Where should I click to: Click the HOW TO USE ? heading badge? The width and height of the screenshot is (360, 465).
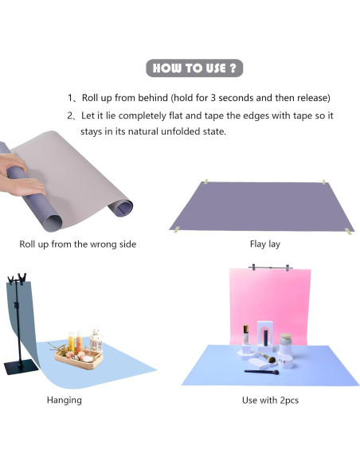pyautogui.click(x=194, y=68)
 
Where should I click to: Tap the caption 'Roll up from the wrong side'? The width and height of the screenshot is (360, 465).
pyautogui.click(x=78, y=244)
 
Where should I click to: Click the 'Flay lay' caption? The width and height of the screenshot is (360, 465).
pyautogui.click(x=264, y=244)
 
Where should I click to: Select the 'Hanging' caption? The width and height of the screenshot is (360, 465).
pyautogui.click(x=65, y=400)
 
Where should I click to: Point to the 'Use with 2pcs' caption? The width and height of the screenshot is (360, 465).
pyautogui.click(x=270, y=400)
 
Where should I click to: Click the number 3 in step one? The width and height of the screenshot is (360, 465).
pyautogui.click(x=213, y=98)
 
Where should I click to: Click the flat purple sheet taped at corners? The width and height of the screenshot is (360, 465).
pyautogui.click(x=261, y=206)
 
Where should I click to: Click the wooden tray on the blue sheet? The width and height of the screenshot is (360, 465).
pyautogui.click(x=79, y=358)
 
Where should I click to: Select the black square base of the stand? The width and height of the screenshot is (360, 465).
pyautogui.click(x=22, y=367)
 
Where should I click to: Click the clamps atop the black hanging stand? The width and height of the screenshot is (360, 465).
pyautogui.click(x=18, y=279)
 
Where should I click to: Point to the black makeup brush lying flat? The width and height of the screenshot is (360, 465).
pyautogui.click(x=261, y=372)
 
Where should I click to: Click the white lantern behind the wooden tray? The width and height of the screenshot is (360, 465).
pyautogui.click(x=96, y=341)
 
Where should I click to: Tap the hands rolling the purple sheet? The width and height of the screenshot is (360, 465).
pyautogui.click(x=21, y=175)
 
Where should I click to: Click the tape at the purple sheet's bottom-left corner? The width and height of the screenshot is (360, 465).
pyautogui.click(x=177, y=229)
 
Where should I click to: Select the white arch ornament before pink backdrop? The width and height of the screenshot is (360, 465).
pyautogui.click(x=264, y=334)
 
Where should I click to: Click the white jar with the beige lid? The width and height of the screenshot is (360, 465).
pyautogui.click(x=286, y=344)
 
